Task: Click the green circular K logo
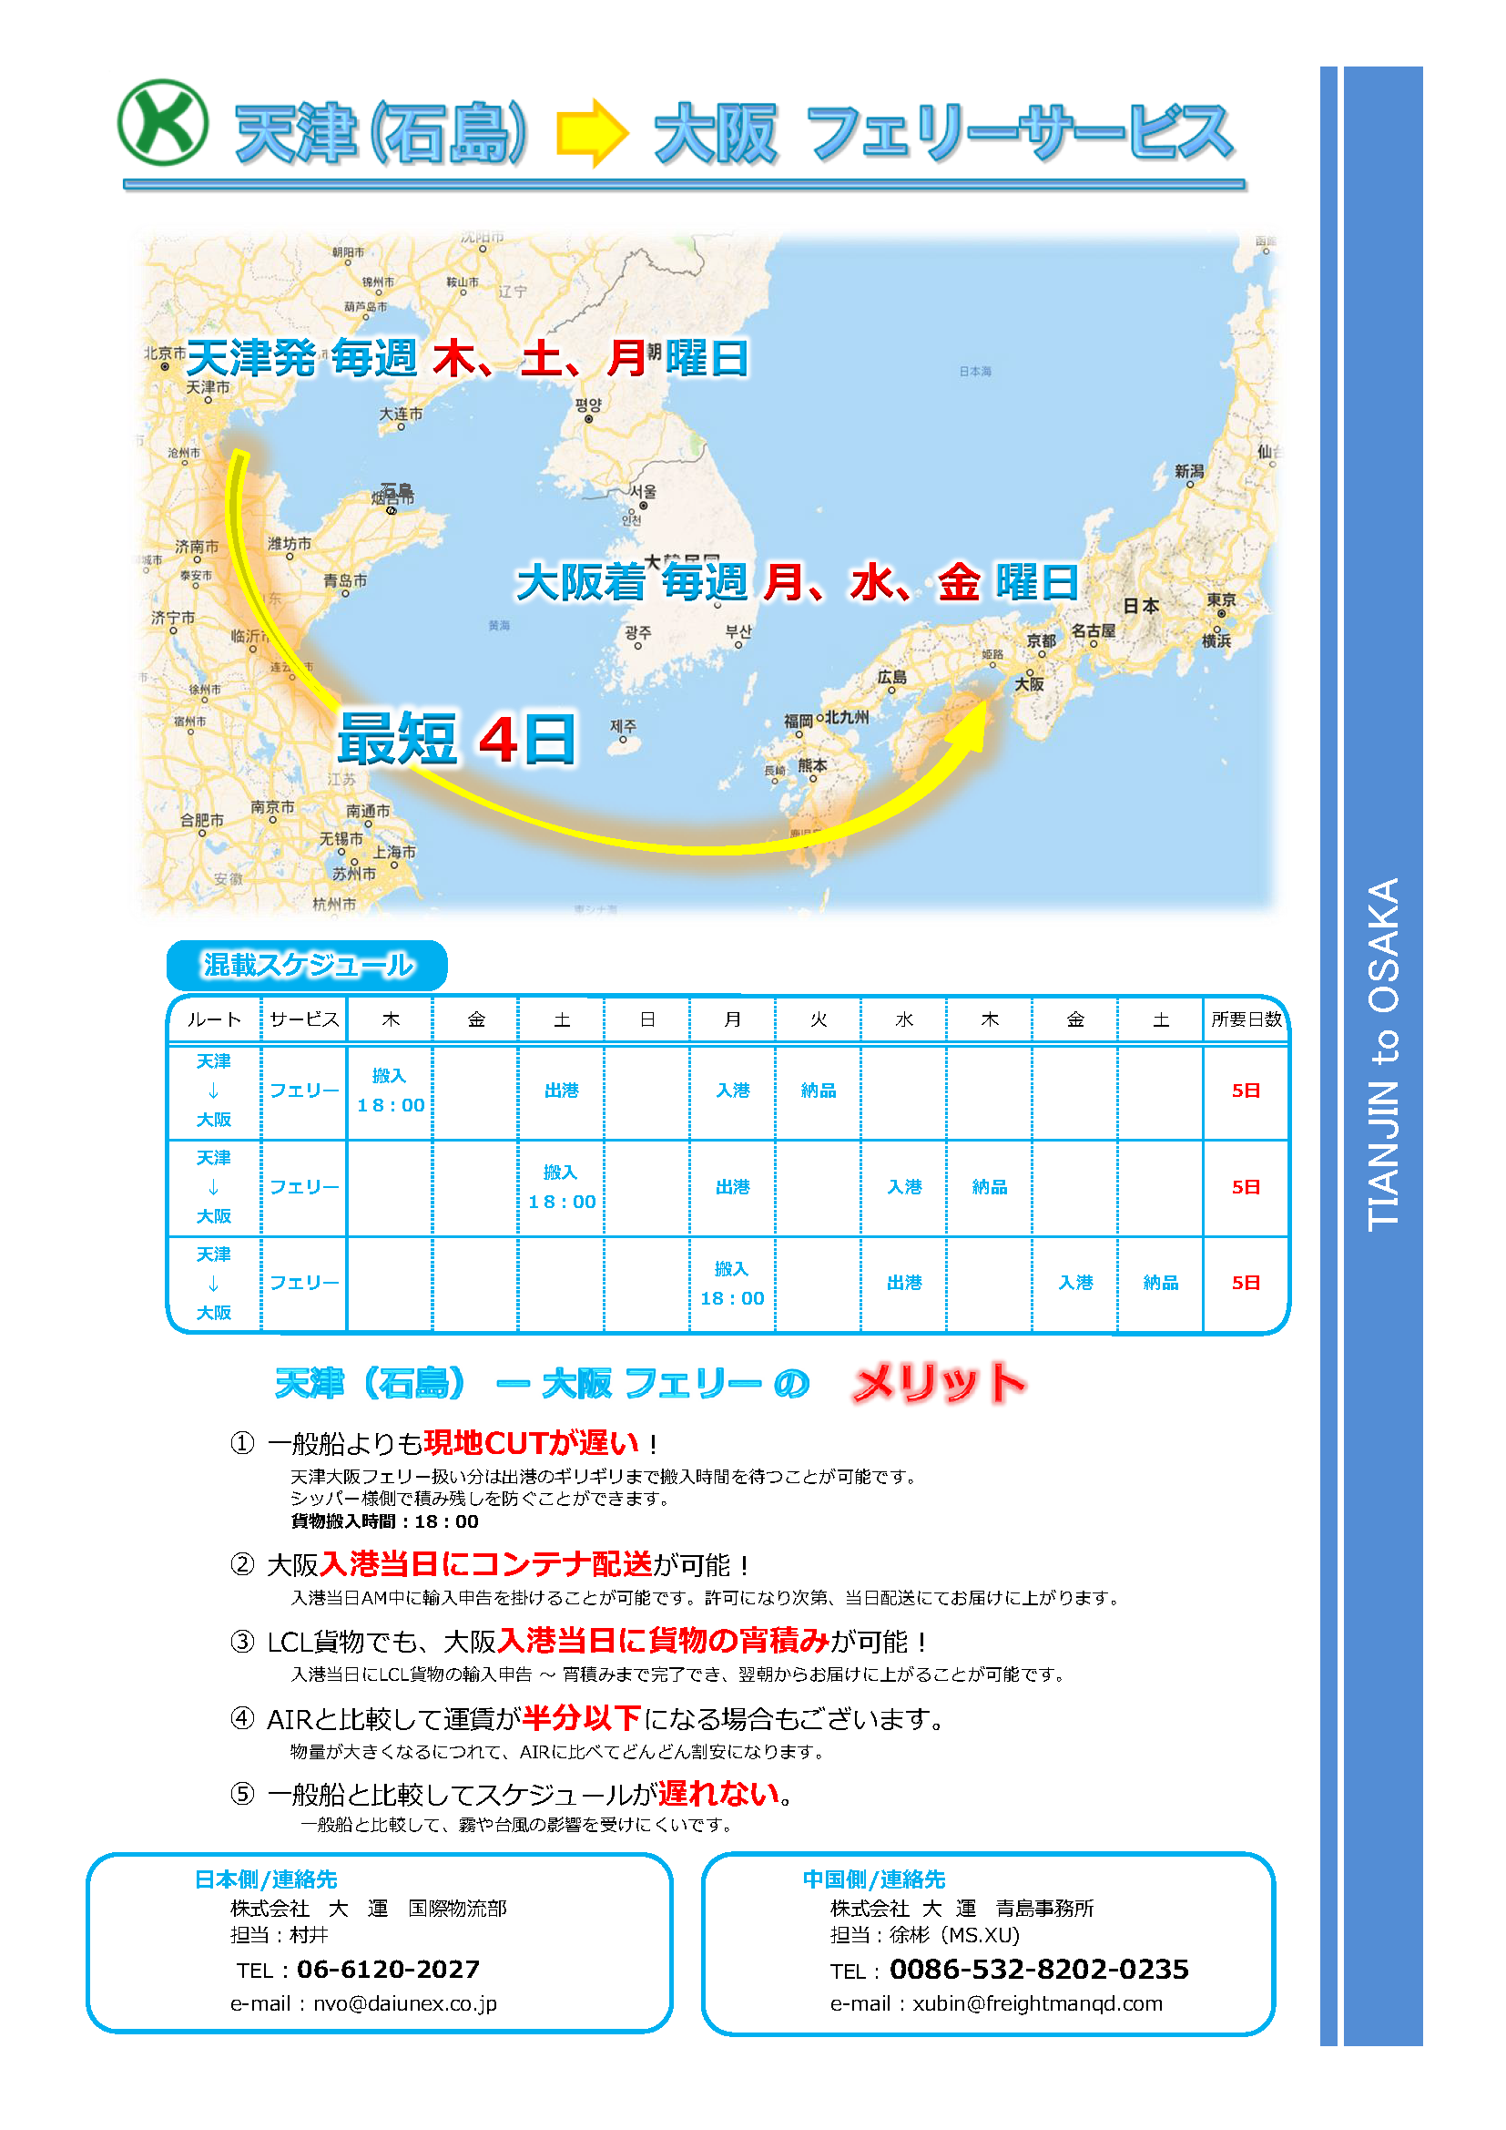pos(162,122)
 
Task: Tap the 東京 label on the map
pos(1220,600)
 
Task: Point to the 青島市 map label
pos(345,580)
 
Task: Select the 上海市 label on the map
pos(395,852)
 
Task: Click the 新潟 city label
pos(1189,471)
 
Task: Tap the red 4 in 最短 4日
pos(498,740)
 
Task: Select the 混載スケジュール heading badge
pos(307,965)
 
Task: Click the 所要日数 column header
pos(1246,1019)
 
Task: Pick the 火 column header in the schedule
pos(818,1019)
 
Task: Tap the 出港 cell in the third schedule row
pos(904,1283)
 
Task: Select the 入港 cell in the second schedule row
pos(904,1186)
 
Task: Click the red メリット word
pos(939,1383)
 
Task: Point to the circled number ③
pos(242,1642)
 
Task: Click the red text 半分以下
pos(582,1718)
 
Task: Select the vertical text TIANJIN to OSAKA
pos(1383,1054)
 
